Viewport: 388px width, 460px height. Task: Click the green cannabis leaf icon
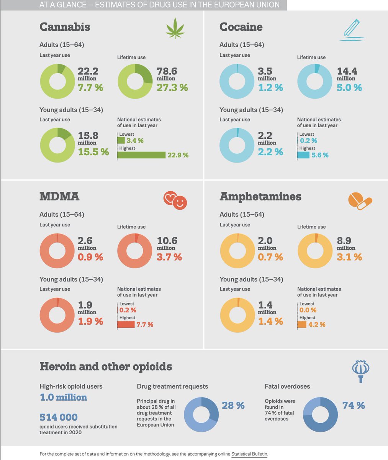click(175, 28)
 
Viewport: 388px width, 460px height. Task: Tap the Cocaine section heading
click(241, 27)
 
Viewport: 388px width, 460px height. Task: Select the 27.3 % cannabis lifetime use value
click(172, 87)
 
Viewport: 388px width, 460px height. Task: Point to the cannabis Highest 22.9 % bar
click(141, 155)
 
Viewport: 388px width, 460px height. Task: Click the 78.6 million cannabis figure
click(167, 71)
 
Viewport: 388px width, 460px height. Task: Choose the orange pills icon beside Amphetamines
click(360, 201)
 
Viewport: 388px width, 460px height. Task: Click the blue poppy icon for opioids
click(360, 371)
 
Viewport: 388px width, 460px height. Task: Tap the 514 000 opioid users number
click(59, 417)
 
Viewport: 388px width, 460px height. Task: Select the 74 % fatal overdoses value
click(354, 405)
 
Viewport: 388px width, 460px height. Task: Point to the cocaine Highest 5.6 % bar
click(303, 155)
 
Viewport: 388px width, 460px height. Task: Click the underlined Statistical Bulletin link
click(249, 454)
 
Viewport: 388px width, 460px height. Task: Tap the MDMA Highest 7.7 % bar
click(126, 325)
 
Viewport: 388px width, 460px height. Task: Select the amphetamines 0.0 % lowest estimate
click(308, 310)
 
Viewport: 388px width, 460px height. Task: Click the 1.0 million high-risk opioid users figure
click(63, 397)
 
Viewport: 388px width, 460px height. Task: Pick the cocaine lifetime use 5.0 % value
click(349, 87)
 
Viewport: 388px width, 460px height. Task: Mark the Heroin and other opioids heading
click(106, 366)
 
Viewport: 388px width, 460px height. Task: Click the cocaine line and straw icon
click(352, 30)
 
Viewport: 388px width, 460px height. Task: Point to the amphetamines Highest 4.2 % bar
click(302, 325)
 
